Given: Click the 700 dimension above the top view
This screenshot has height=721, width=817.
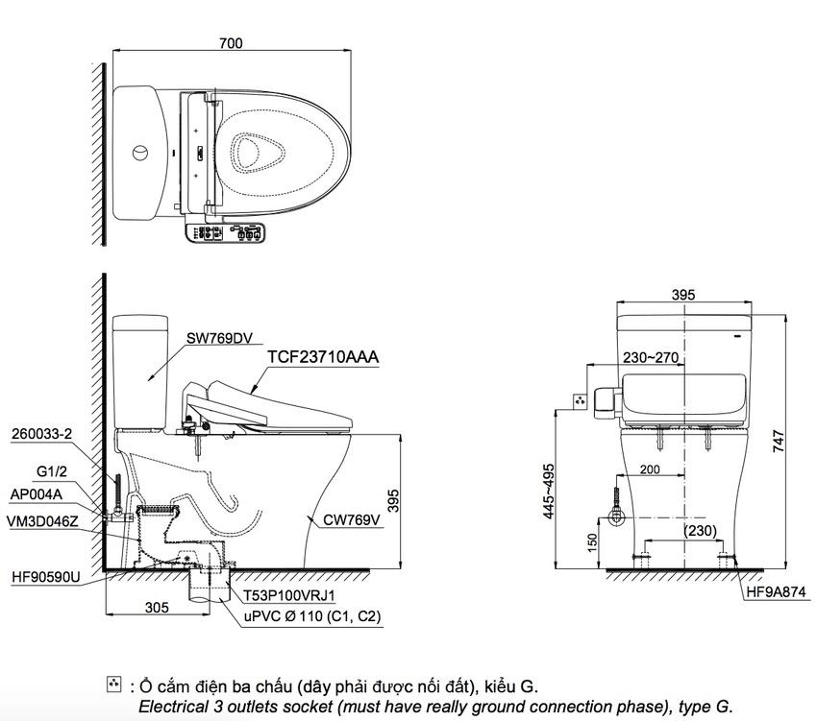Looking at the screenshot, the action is tap(231, 43).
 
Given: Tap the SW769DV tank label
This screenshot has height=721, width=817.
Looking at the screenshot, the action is tap(219, 338).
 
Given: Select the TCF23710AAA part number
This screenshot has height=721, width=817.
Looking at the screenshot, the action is tap(323, 357).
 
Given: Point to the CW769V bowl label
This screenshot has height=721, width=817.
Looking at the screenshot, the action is tap(352, 519).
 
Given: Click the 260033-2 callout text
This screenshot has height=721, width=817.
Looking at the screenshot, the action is tap(41, 434).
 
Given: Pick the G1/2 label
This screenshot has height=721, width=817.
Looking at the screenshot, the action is tap(52, 471).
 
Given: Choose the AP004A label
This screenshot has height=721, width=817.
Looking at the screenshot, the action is tap(36, 494).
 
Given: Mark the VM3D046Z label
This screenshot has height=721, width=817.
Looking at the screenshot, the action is tap(42, 520).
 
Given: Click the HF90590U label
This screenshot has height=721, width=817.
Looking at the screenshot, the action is tap(46, 577).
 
